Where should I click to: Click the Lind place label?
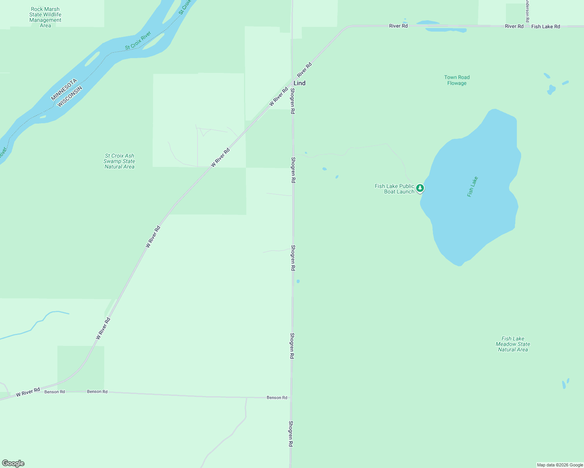tap(299, 83)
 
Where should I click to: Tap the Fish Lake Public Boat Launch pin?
tap(420, 188)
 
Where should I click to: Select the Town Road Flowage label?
tap(457, 80)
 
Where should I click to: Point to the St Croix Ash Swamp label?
tap(119, 161)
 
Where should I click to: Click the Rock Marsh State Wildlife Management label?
tap(45, 17)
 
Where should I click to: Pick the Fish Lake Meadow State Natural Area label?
tap(513, 344)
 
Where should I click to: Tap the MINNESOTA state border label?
tap(64, 90)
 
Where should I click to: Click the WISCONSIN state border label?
tap(70, 97)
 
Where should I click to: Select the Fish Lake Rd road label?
tap(545, 27)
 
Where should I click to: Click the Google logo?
tap(13, 463)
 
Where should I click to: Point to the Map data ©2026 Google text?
tap(560, 465)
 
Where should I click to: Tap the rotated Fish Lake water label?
tap(472, 187)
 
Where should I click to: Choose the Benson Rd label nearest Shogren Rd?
tap(277, 398)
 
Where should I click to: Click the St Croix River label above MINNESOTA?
tap(138, 41)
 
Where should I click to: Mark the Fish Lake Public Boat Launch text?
tap(394, 189)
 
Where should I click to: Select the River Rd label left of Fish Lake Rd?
tap(514, 26)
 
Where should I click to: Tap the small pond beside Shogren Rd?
tap(298, 281)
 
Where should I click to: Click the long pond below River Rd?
tap(446, 30)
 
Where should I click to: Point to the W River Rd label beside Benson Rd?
tap(28, 392)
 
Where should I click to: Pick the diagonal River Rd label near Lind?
tap(304, 70)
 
